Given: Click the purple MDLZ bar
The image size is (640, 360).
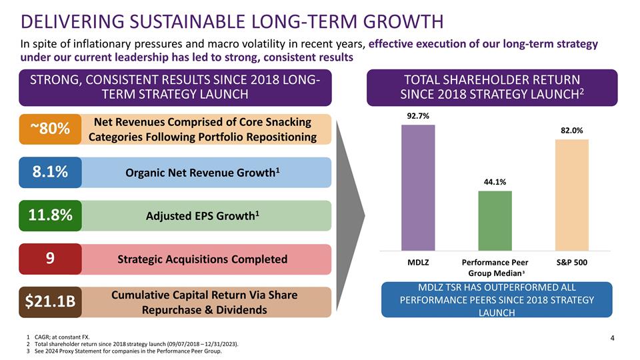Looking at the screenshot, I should point(418,187).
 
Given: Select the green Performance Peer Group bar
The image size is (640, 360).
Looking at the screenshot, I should point(495,219).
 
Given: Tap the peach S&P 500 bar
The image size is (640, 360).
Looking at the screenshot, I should point(572,193).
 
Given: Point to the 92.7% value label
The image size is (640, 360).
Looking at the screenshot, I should point(418,115).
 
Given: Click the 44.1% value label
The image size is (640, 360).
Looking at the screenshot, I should point(495,181).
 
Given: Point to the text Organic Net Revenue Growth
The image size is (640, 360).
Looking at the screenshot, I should point(202,173).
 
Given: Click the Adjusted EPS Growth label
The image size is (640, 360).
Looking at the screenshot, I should point(202,216).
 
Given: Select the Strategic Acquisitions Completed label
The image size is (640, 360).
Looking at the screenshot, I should point(202,259).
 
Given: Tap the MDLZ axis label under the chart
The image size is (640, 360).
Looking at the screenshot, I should point(418,262).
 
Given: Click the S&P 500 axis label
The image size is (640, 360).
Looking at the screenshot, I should point(572,262).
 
